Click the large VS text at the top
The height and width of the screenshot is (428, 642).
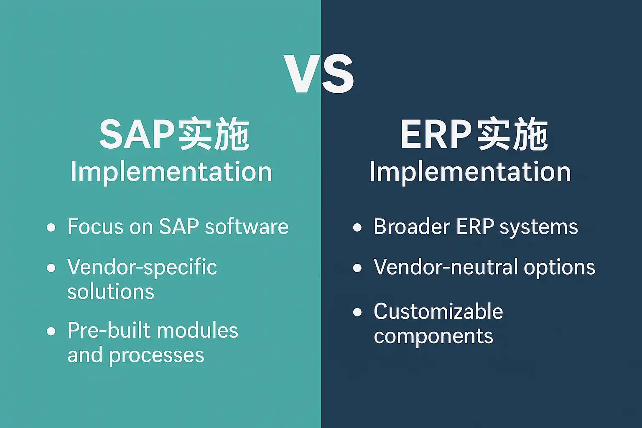(x=318, y=74)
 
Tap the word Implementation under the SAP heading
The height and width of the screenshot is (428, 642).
(x=171, y=172)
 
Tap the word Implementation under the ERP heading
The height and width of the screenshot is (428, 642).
(x=470, y=172)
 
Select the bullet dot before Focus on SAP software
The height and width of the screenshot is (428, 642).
(x=51, y=227)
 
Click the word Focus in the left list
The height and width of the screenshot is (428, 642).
(x=95, y=227)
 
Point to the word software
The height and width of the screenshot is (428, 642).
(x=247, y=227)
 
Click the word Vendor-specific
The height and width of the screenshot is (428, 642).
(x=142, y=268)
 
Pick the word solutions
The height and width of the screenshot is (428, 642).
(x=111, y=292)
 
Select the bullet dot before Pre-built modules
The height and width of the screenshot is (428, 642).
(x=51, y=331)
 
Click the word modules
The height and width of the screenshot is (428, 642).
(x=197, y=330)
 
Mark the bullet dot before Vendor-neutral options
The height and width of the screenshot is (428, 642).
(x=357, y=268)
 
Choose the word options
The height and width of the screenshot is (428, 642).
(x=560, y=268)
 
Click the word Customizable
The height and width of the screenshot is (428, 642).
(x=438, y=312)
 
